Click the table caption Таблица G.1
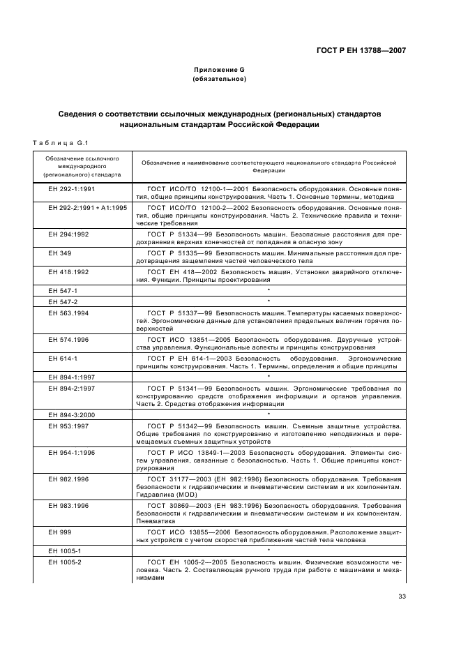[59, 143]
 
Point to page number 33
[402, 596]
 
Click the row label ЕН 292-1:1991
[72, 189]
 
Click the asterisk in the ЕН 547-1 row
[269, 290]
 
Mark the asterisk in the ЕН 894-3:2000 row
[269, 414]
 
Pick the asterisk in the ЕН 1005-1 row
[269, 550]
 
